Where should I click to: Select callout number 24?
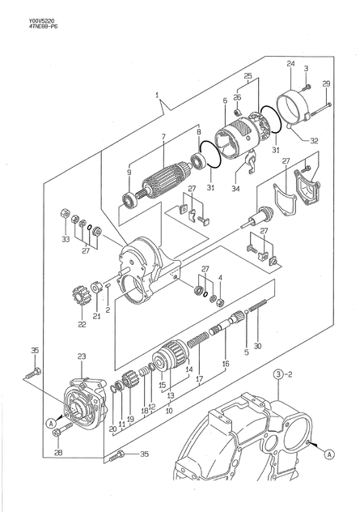290,63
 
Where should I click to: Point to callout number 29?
326,84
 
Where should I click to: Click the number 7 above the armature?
163,136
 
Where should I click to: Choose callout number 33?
66,239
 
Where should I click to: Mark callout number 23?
82,356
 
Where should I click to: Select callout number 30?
257,347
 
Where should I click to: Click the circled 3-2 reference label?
281,373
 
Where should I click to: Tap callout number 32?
314,140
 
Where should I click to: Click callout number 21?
97,316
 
